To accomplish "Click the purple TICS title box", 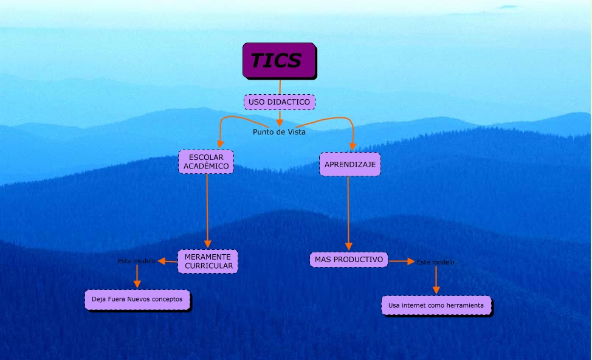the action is click(279, 60).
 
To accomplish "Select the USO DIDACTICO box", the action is click(280, 102).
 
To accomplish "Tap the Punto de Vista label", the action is click(279, 132).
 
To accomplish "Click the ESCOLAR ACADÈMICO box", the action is click(206, 161).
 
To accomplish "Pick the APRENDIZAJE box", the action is click(349, 164).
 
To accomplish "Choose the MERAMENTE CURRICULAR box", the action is click(208, 261).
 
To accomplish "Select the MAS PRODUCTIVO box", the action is click(349, 260).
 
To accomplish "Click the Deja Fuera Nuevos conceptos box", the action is click(137, 300).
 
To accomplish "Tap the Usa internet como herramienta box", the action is click(436, 305).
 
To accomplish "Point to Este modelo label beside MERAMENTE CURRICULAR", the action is click(136, 261).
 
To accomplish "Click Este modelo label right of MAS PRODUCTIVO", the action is click(435, 262).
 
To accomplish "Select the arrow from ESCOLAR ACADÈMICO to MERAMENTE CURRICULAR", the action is click(207, 210).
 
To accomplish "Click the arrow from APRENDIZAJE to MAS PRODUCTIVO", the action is click(348, 213).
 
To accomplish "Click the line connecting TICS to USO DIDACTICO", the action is click(280, 86).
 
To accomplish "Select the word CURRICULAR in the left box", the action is click(209, 266).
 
